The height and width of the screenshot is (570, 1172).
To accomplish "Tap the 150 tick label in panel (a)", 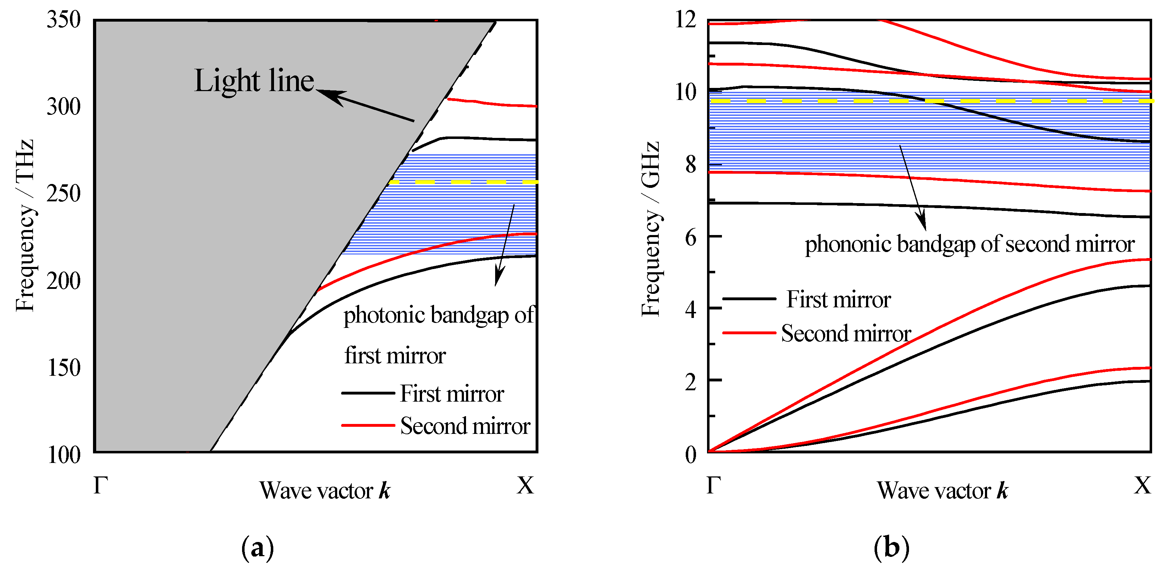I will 63,368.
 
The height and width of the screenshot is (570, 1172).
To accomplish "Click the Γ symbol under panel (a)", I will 100,485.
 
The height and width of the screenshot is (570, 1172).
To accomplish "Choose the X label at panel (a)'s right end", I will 525,485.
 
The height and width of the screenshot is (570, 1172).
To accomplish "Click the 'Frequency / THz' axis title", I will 25,226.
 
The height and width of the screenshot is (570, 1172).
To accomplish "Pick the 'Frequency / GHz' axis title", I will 650,229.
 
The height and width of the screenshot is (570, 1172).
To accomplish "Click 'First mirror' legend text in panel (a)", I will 452,393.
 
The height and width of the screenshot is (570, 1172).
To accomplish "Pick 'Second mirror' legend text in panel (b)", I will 846,334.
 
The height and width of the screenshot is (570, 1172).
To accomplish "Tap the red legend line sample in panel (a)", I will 368,425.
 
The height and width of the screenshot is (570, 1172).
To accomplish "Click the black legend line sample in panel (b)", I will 749,298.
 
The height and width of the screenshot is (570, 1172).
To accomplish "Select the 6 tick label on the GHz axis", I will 691,237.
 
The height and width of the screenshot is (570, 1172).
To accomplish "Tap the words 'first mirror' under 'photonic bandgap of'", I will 395,356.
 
